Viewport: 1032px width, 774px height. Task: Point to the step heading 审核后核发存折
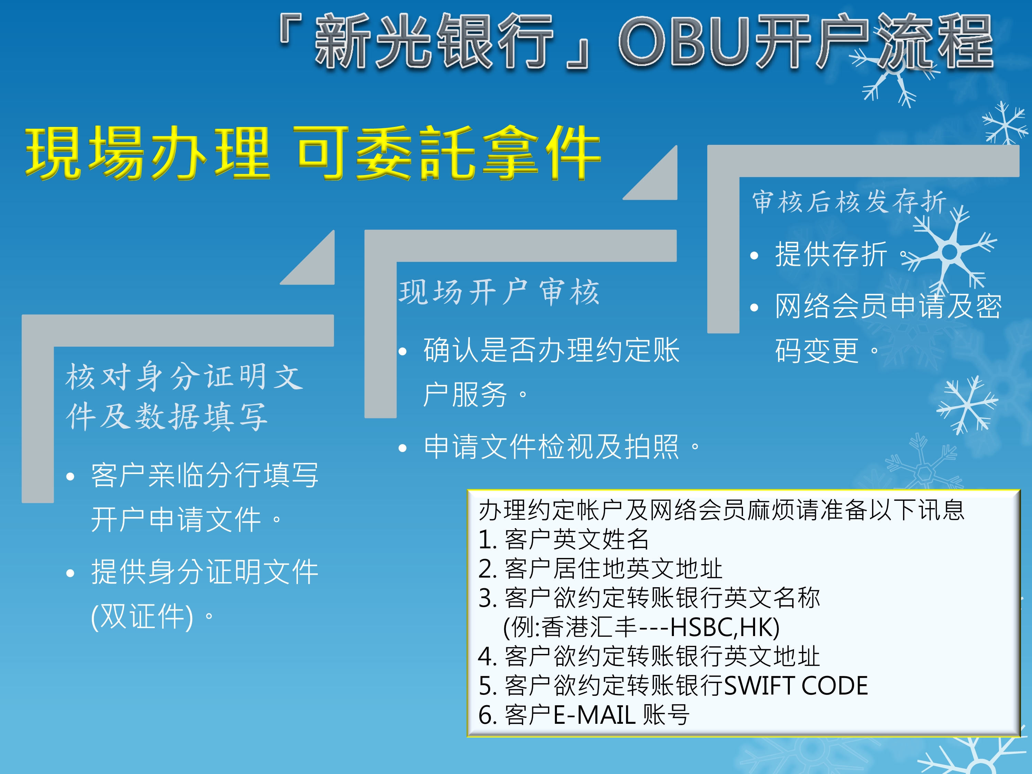coord(849,202)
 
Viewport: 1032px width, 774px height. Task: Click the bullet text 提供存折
coord(831,255)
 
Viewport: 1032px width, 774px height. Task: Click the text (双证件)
coord(142,616)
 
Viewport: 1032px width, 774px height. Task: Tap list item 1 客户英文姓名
coord(563,540)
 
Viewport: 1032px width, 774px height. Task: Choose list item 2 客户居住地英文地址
coord(600,569)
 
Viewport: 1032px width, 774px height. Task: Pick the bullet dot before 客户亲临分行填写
coord(71,476)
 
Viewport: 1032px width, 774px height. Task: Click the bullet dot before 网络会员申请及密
coord(754,308)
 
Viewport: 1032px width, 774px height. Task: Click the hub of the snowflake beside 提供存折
coord(949,252)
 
